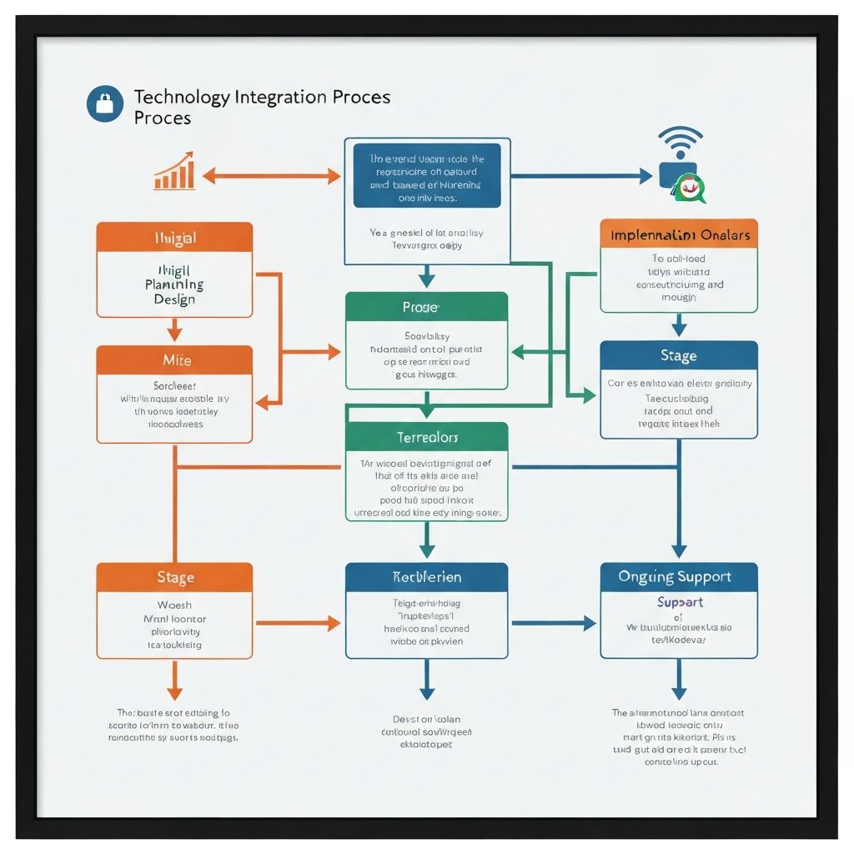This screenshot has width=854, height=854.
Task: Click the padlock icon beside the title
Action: pos(104,104)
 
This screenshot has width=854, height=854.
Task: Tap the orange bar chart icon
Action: pos(174,172)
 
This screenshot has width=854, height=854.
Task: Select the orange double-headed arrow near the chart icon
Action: pos(271,176)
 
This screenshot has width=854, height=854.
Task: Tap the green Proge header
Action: pos(426,307)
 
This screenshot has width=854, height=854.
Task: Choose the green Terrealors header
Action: pos(426,437)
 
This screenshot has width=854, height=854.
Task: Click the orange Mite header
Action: pos(174,360)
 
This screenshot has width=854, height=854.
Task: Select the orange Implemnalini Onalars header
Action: pos(679,234)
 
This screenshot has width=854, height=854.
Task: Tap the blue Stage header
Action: pos(679,356)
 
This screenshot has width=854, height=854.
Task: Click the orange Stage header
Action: pos(174,577)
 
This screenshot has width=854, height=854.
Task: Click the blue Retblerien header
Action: pos(426,577)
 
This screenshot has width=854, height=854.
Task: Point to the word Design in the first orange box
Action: pos(174,300)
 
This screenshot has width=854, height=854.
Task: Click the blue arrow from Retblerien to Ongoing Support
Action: pos(553,622)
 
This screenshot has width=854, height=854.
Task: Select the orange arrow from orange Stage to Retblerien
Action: pos(298,622)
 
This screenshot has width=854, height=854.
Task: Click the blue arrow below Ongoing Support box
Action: pos(679,679)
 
